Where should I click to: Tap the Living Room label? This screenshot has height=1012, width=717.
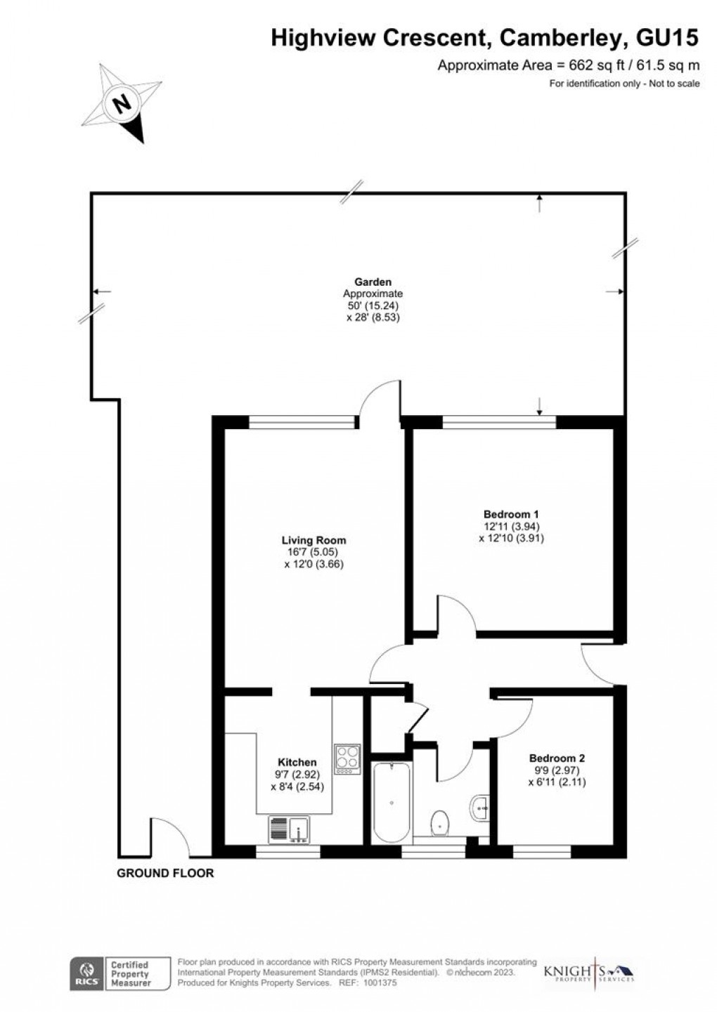pos(314,540)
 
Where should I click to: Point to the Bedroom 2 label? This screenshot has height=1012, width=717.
pos(557,758)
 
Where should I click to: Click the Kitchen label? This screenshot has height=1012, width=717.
pos(297,762)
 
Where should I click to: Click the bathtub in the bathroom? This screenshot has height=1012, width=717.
pos(391,802)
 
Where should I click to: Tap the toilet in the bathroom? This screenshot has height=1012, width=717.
pos(440,822)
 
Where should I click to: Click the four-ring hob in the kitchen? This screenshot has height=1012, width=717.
pos(347,758)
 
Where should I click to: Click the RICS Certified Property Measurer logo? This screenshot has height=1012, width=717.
pos(119,973)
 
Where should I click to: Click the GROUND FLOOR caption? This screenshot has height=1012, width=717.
pos(165,874)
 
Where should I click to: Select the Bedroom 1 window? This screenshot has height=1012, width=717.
pos(499,422)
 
